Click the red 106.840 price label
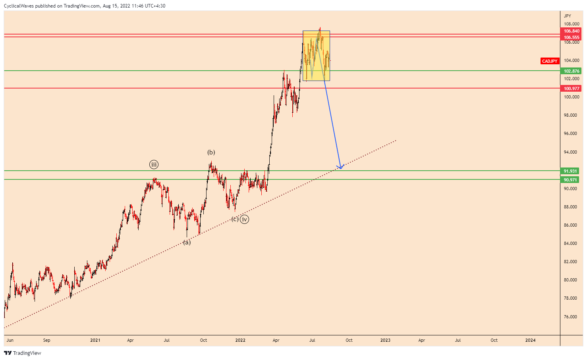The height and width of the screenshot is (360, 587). click(x=572, y=31)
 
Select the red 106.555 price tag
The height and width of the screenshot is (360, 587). click(x=572, y=37)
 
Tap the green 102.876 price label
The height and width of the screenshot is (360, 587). click(x=572, y=71)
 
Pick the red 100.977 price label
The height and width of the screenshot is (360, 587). click(x=572, y=89)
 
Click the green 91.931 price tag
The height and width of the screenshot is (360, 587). click(x=570, y=171)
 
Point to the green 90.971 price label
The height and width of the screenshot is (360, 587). click(x=570, y=180)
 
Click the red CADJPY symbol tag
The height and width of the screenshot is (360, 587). click(x=550, y=61)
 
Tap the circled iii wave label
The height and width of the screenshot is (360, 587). click(x=154, y=164)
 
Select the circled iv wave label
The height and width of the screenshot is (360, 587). click(x=245, y=219)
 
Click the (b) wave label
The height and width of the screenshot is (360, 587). click(x=211, y=152)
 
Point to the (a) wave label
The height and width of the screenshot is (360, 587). click(x=187, y=242)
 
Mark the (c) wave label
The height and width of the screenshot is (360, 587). click(x=235, y=219)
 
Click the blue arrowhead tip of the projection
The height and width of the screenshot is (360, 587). click(x=340, y=169)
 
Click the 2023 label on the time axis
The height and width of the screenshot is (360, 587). click(x=385, y=340)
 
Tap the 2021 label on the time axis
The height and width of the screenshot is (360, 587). click(x=95, y=340)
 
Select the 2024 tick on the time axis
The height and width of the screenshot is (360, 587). click(x=530, y=340)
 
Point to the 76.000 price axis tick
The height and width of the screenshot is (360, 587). click(x=570, y=317)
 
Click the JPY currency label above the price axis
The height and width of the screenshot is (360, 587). click(x=568, y=16)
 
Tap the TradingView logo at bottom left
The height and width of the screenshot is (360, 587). click(x=23, y=353)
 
